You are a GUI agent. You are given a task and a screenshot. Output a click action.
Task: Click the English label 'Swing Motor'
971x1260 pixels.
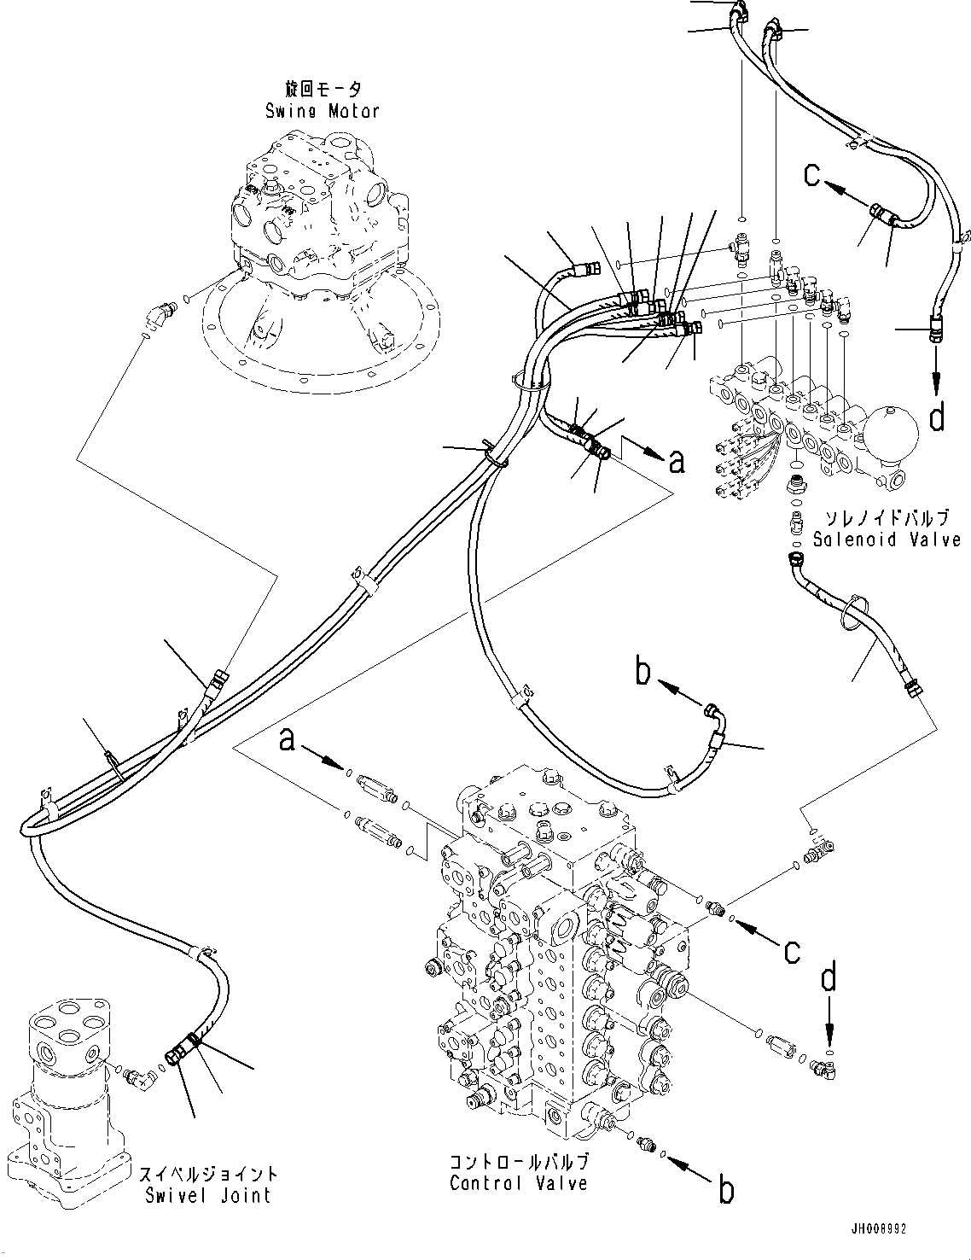(322, 111)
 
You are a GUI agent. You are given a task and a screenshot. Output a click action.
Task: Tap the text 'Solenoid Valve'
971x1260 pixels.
(887, 540)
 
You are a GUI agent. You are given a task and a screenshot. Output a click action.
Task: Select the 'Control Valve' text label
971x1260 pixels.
(519, 1183)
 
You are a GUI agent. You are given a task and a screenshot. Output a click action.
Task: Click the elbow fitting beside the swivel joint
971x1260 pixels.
(141, 1076)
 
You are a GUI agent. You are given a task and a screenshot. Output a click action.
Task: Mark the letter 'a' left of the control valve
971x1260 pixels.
(288, 739)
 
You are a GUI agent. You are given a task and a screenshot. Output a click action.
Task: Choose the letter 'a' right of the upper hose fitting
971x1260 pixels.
(677, 462)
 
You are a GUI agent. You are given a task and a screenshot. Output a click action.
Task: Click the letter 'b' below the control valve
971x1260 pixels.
(725, 1190)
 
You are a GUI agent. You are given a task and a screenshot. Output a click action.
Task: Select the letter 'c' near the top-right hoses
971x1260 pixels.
(813, 177)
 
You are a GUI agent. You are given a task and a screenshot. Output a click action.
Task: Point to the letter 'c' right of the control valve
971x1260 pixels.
(793, 949)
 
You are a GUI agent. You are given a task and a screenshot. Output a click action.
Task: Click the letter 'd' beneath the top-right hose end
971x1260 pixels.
(937, 417)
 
